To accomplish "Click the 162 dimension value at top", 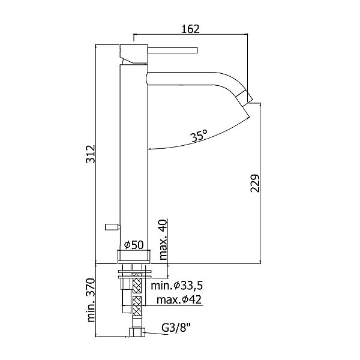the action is click(190, 29).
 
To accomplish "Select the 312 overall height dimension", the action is click(90, 154).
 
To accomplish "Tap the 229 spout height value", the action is click(254, 184).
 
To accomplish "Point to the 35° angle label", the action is click(199, 136).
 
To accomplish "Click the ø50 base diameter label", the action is click(134, 245).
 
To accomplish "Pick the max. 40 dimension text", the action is click(163, 239).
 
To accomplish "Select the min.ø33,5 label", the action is click(177, 286).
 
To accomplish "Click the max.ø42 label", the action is click(179, 299).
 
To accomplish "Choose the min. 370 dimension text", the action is click(91, 301).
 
